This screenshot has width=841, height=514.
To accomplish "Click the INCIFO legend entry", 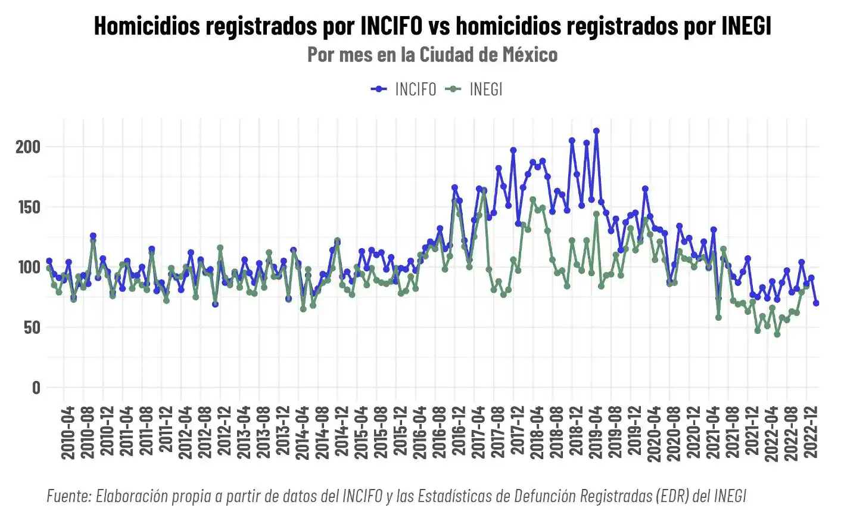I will point(404,89).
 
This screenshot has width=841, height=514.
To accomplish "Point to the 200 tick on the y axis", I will point(28,147).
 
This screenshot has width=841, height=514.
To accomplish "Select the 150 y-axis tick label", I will point(28,208).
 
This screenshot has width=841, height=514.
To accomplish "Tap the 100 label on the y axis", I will point(28,268).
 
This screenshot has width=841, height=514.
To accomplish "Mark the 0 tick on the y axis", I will point(36,388).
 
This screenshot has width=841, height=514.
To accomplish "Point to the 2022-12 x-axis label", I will point(811,433).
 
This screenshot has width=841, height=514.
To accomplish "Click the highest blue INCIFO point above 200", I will point(596,131).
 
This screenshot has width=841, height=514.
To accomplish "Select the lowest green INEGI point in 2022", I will point(777,335).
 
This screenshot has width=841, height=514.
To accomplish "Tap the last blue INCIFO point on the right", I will point(816,303).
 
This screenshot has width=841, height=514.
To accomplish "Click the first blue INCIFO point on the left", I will point(49,261).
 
